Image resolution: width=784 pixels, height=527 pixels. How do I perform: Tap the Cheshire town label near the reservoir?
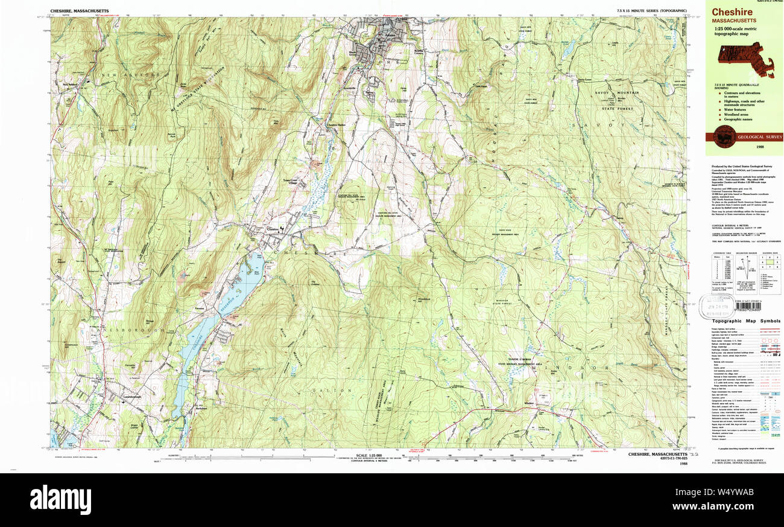click(273, 228)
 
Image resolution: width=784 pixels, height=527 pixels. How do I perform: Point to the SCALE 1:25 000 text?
click(370, 455)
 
